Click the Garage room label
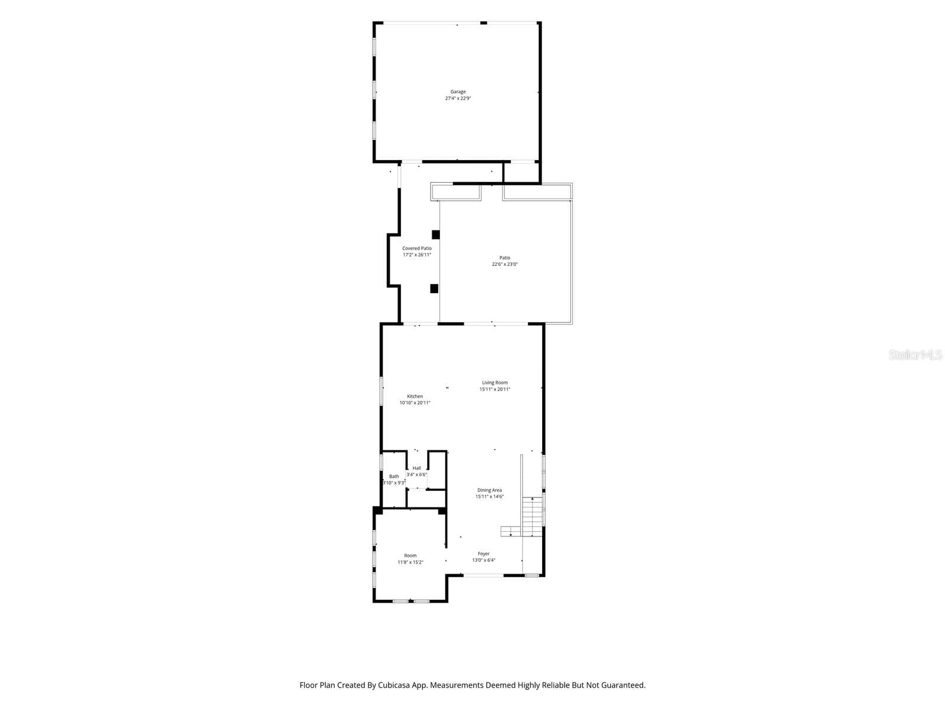458,92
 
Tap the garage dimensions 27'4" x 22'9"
458,98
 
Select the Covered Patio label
417,248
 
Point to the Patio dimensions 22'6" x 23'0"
504,264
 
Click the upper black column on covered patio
436,235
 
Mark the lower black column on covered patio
434,288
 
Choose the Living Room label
495,383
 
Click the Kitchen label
415,396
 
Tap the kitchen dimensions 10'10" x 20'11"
415,403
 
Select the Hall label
417,469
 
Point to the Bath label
394,477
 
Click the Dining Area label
490,490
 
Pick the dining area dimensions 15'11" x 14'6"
490,497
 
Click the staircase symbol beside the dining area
532,517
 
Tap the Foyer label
484,554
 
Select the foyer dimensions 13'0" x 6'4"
484,561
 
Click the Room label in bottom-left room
410,556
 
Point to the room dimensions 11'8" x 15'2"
410,562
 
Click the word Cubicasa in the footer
394,685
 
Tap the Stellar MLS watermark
915,354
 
